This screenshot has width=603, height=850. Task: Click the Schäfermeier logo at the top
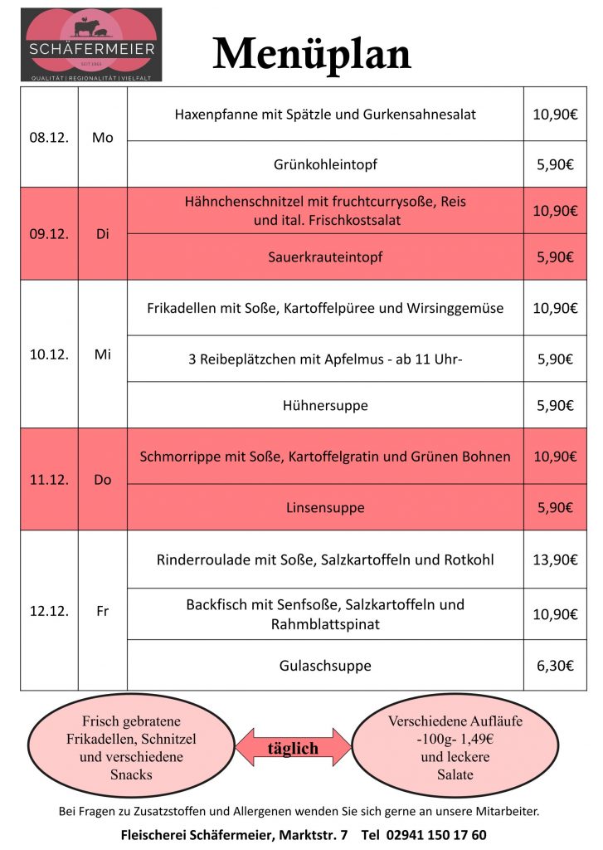91,44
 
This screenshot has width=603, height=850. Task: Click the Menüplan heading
312,54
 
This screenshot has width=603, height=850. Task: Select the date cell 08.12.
48,138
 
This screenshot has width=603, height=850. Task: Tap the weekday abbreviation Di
103,233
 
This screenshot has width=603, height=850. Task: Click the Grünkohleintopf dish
325,164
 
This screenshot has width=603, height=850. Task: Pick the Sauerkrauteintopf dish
325,257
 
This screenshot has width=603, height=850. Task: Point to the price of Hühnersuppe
554,406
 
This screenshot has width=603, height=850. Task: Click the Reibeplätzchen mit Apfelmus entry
325,359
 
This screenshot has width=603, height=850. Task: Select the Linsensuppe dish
325,507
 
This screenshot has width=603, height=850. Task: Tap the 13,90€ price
554,559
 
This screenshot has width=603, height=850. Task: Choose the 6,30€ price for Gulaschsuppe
554,666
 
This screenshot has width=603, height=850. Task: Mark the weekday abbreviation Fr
103,611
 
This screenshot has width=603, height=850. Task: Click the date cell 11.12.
48,480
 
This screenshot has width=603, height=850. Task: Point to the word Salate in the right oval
455,774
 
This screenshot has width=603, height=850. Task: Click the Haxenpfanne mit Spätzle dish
325,115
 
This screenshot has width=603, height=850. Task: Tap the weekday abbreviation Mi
103,354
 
